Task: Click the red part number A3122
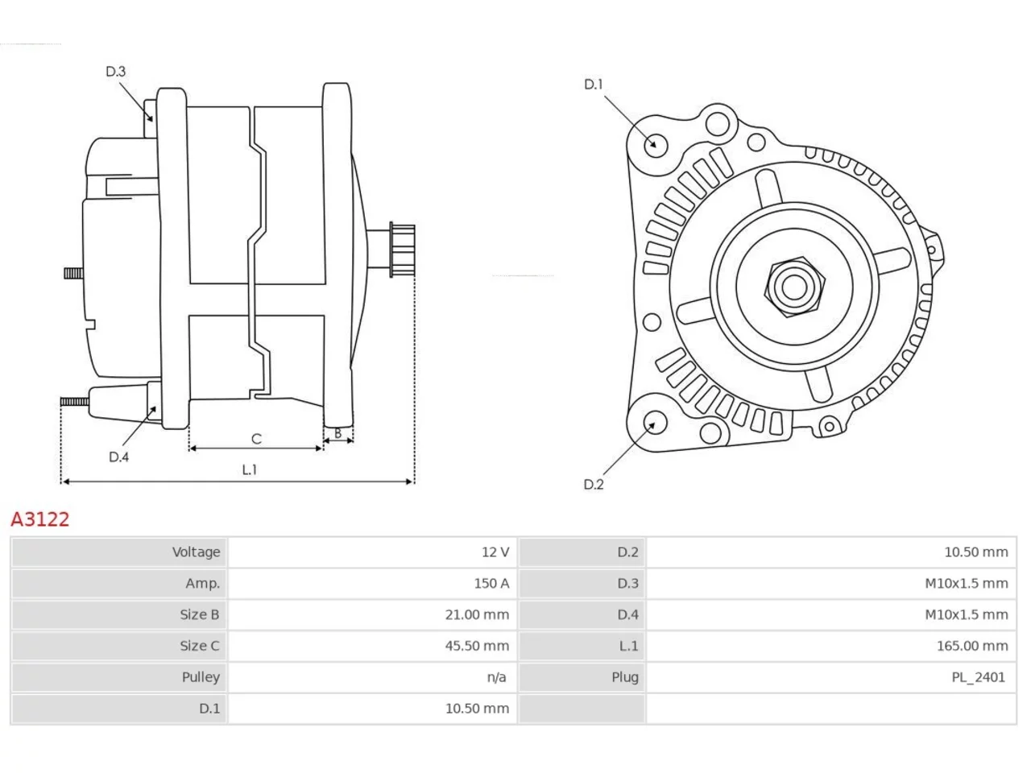pos(40,519)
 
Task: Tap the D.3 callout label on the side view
pos(115,72)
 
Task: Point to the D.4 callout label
pos(119,457)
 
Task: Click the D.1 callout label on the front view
pos(594,85)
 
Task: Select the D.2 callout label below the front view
pos(594,485)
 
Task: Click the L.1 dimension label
pos(250,469)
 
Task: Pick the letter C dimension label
pos(256,439)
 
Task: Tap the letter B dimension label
pos(337,434)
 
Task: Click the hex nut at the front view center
pos(794,287)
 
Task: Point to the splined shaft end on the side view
pos(402,250)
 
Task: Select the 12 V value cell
pos(495,552)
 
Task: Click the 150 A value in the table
pos(491,584)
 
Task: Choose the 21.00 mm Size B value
pos(477,614)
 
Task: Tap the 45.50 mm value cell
pos(477,646)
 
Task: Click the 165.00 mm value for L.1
pos(972,646)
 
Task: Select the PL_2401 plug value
pos(979,677)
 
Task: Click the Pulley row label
pos(201,677)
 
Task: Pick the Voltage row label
pos(196,552)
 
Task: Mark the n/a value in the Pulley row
pos(496,677)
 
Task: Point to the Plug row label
pos(625,677)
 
